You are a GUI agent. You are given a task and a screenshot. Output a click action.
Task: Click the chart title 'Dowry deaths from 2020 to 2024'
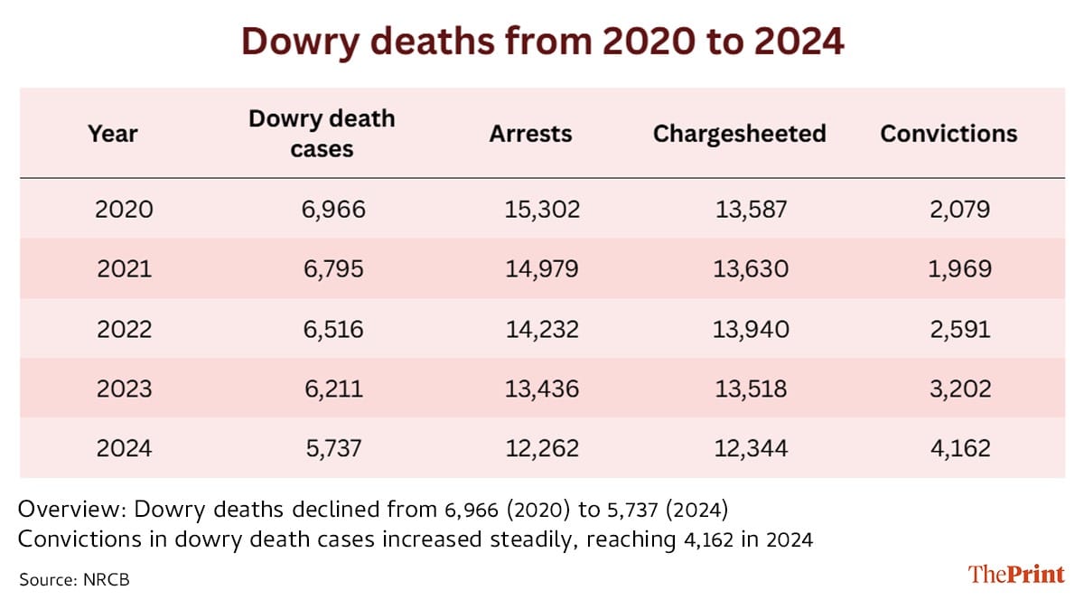pyautogui.click(x=543, y=42)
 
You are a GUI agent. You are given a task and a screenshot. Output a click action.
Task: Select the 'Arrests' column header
pyautogui.click(x=530, y=134)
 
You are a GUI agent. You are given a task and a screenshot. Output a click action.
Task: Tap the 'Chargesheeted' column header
pyautogui.click(x=740, y=134)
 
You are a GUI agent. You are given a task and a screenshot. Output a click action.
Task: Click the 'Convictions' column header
pyautogui.click(x=948, y=134)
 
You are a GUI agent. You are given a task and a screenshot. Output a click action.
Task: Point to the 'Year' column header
pyautogui.click(x=113, y=134)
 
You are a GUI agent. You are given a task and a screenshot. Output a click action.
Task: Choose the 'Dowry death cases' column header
pyautogui.click(x=322, y=134)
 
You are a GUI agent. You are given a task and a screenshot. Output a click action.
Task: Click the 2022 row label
pyautogui.click(x=125, y=329)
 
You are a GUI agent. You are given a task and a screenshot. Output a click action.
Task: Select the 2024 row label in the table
pyautogui.click(x=125, y=448)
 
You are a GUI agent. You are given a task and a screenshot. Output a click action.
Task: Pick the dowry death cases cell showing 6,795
pyautogui.click(x=333, y=269)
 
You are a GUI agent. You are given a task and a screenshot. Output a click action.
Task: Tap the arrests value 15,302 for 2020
pyautogui.click(x=542, y=210)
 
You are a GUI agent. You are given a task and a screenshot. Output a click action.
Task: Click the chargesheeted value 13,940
pyautogui.click(x=751, y=329)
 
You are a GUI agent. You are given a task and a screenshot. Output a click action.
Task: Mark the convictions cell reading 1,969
pyautogui.click(x=960, y=269)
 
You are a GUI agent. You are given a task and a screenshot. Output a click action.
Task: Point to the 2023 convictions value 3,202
pyautogui.click(x=960, y=389)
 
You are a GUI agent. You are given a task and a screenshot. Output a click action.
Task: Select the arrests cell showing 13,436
pyautogui.click(x=542, y=389)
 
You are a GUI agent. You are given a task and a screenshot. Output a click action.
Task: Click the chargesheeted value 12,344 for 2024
pyautogui.click(x=751, y=448)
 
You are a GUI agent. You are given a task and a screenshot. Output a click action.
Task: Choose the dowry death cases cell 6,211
pyautogui.click(x=333, y=389)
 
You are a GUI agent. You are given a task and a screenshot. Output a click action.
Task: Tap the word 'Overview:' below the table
pyautogui.click(x=72, y=510)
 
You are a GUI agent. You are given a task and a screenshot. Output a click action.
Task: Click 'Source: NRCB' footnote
pyautogui.click(x=74, y=579)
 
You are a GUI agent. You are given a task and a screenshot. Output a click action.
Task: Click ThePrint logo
pyautogui.click(x=1016, y=575)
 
